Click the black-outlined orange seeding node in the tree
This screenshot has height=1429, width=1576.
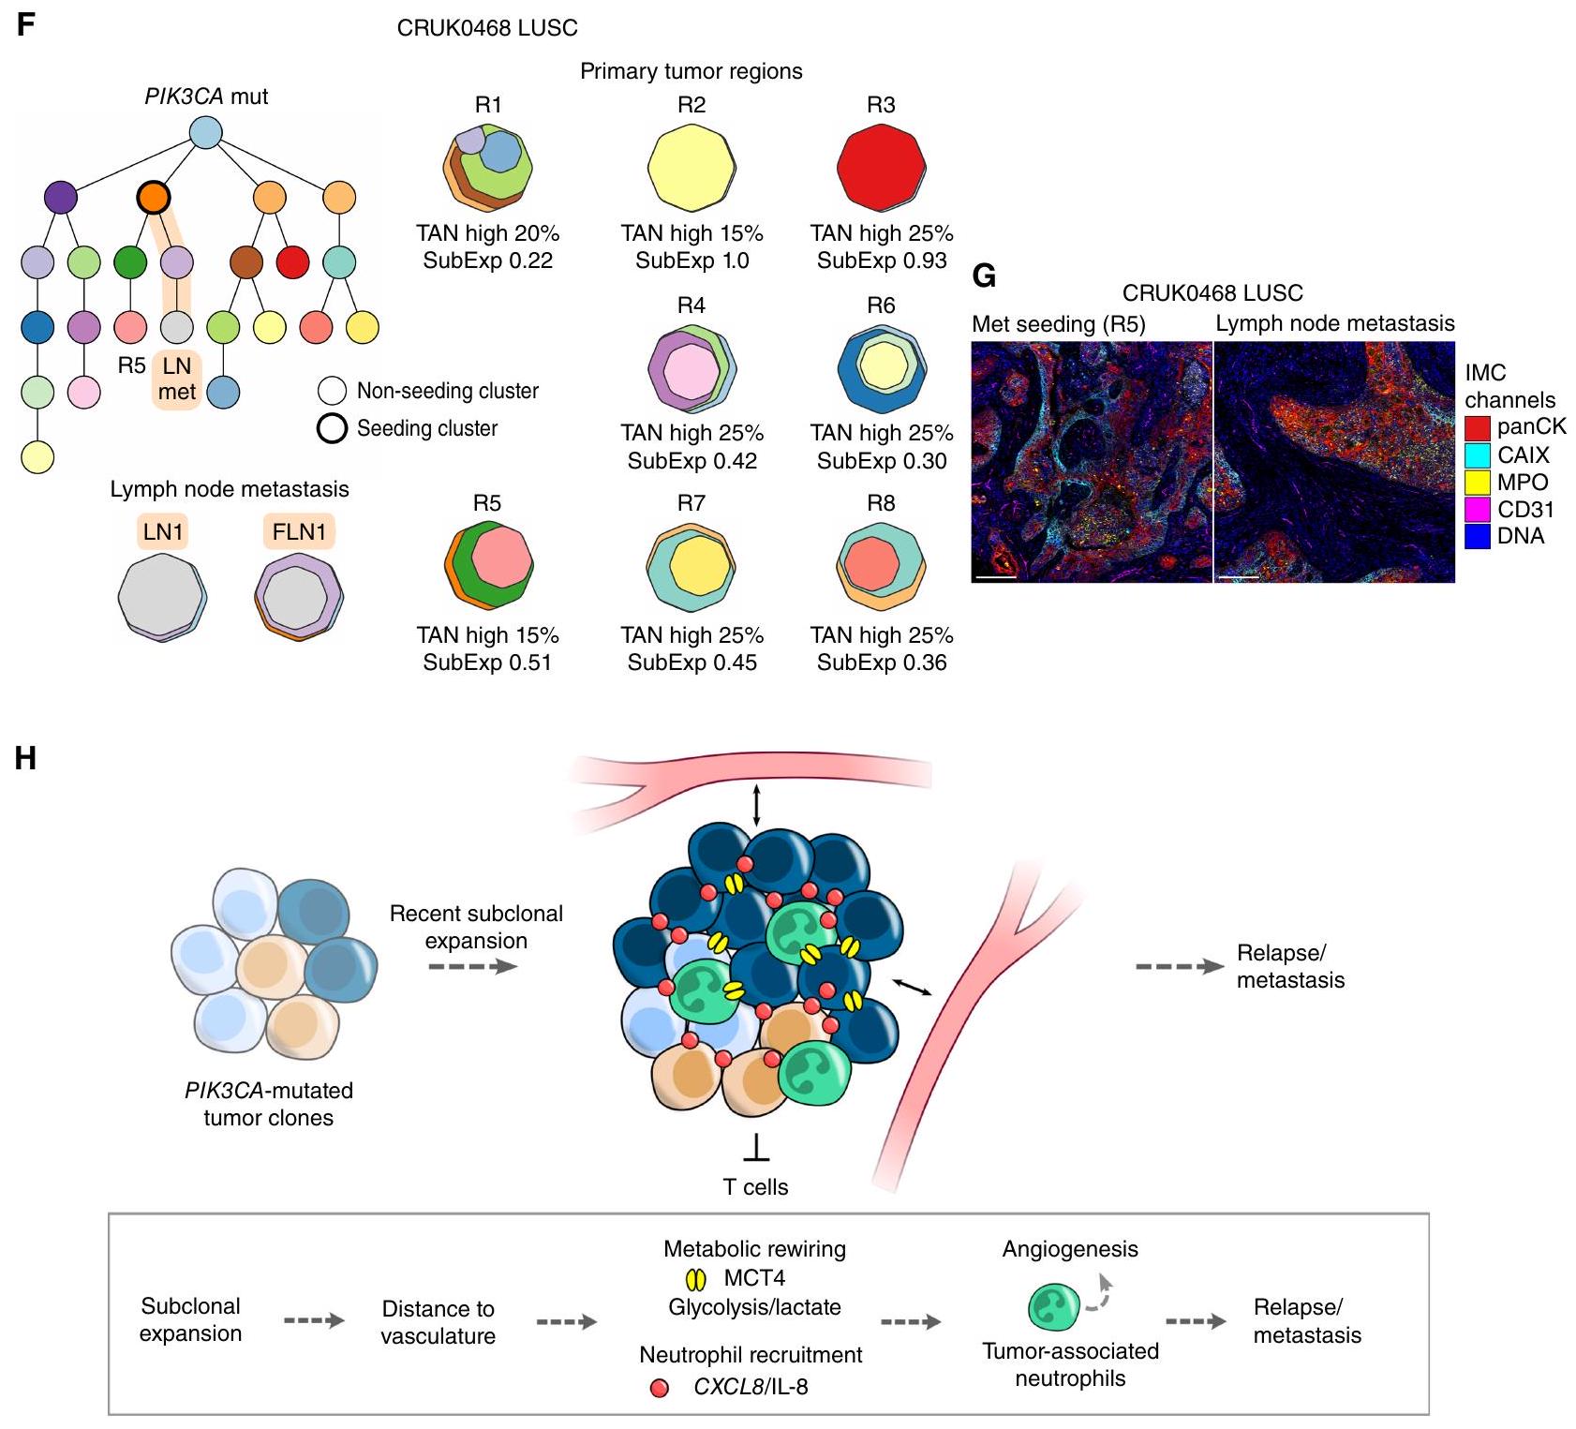click(153, 197)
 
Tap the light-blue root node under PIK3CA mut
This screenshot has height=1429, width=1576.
click(205, 132)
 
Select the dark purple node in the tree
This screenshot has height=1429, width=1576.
click(61, 197)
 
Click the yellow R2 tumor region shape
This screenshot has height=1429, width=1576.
click(691, 169)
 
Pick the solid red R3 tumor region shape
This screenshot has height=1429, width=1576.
click(881, 169)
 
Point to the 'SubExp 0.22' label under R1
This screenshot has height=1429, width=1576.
click(487, 260)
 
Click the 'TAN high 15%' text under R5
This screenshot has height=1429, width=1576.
click(487, 635)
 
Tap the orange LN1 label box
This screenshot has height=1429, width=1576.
click(163, 532)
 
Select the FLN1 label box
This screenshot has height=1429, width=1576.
click(299, 532)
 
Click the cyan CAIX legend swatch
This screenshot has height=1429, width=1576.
click(1477, 455)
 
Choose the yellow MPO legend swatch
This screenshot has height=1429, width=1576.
click(1477, 483)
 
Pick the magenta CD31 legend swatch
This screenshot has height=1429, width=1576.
click(1477, 510)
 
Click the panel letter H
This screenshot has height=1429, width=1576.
click(25, 757)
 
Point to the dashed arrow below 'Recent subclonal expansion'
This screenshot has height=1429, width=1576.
click(473, 966)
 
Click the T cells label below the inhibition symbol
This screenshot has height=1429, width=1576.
click(755, 1187)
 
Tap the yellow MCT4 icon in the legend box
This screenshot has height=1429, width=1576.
click(696, 1278)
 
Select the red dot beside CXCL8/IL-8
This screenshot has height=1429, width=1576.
click(660, 1388)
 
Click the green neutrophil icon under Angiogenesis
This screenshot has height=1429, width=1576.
click(1054, 1307)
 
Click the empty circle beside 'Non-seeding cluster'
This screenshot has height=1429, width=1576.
click(333, 391)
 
